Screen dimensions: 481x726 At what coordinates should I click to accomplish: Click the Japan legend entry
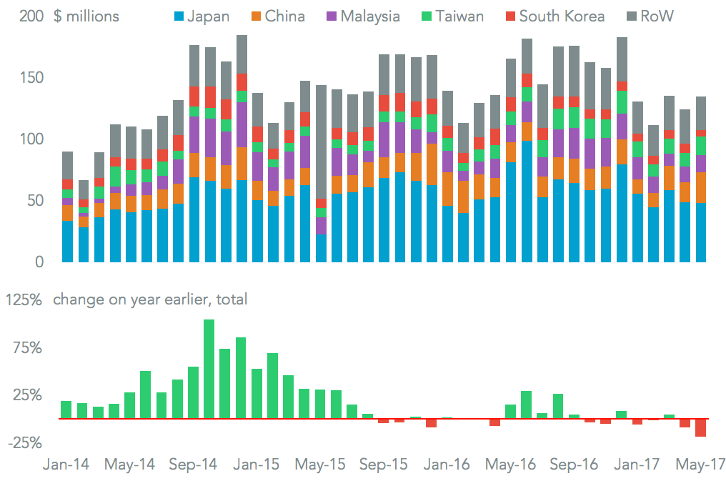point(199,16)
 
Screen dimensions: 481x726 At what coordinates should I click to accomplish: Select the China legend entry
point(277,16)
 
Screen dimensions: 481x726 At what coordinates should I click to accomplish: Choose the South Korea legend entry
point(553,16)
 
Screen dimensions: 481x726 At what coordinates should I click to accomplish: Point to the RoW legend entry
point(648,16)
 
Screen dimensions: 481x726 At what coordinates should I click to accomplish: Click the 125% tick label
point(24,299)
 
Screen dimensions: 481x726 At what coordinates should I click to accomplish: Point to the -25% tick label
point(24,443)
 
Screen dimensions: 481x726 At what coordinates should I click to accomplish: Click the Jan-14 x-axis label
point(66,464)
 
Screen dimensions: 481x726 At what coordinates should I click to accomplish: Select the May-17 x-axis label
point(700,464)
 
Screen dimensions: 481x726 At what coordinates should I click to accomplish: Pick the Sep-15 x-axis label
point(384,464)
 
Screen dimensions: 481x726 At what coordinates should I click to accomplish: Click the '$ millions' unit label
point(86,16)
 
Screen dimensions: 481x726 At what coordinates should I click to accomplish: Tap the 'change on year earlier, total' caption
point(150,299)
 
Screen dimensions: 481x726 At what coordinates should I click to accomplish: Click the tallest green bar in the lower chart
point(209,369)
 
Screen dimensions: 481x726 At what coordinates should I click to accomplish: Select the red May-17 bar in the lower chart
point(700,427)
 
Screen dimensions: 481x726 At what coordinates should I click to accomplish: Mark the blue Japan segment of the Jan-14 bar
point(67,242)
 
